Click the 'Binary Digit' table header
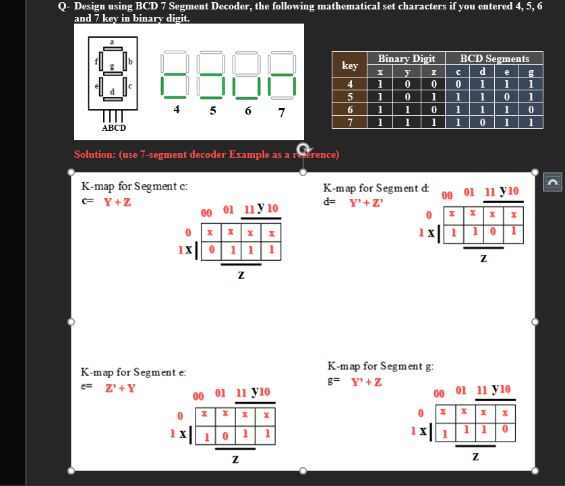point(406,59)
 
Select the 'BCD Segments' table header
point(494,59)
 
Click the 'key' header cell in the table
point(350,65)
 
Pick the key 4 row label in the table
point(350,85)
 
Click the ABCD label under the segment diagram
point(113,127)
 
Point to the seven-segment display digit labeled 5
point(212,74)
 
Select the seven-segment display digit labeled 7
point(280,74)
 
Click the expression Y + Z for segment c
point(117,202)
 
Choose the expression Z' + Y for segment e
point(119,388)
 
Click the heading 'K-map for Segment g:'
point(381,366)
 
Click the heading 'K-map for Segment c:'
point(134,186)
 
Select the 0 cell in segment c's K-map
point(212,249)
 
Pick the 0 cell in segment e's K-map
point(226,436)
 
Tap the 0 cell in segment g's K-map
point(505,429)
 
